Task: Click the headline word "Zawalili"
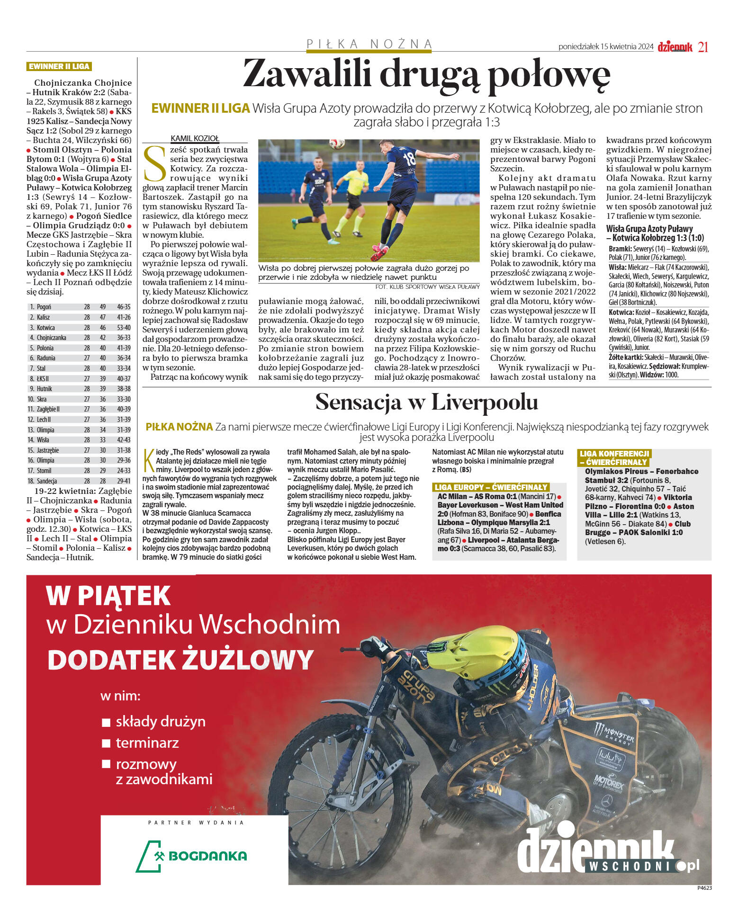[x=306, y=75]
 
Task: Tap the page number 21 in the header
[x=703, y=47]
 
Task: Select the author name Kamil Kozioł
[x=195, y=138]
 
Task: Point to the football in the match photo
[x=337, y=143]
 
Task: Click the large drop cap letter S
[x=155, y=164]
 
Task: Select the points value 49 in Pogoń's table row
[x=103, y=307]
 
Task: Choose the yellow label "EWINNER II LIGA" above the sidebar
[x=59, y=66]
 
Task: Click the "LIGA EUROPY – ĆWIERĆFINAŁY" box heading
[x=491, y=487]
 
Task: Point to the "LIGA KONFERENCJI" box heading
[x=614, y=454]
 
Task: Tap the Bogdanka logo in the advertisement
[x=192, y=856]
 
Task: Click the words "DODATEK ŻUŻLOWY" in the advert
[x=180, y=659]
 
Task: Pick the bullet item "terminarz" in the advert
[x=147, y=743]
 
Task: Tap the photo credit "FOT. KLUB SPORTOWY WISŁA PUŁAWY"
[x=427, y=286]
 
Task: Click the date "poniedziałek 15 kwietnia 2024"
[x=605, y=46]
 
